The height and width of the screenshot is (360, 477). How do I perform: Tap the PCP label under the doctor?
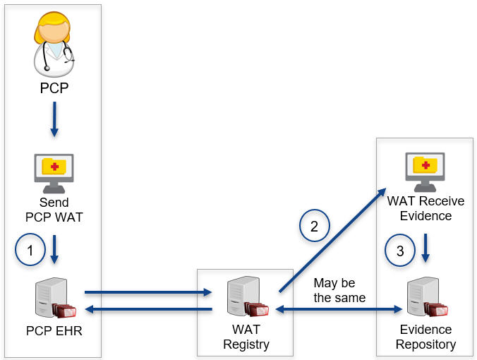coord(54,89)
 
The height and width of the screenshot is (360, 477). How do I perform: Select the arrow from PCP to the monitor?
coord(54,121)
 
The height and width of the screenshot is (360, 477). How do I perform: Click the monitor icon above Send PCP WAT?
coord(54,172)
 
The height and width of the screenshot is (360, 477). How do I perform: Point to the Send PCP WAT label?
coord(54,210)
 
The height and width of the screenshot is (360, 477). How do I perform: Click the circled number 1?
coord(30,249)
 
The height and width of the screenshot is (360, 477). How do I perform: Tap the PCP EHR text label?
coord(54,330)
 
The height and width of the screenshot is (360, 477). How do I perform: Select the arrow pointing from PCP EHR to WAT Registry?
coord(148,291)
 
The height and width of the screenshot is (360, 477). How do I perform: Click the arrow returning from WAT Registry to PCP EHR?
coord(148,309)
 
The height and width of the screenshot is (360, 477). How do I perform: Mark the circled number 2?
coord(315,226)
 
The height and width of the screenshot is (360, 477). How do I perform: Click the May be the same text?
coord(339,290)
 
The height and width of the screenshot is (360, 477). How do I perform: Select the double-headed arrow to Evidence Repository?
coord(339,309)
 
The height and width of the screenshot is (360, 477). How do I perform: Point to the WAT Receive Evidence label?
coord(425,208)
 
